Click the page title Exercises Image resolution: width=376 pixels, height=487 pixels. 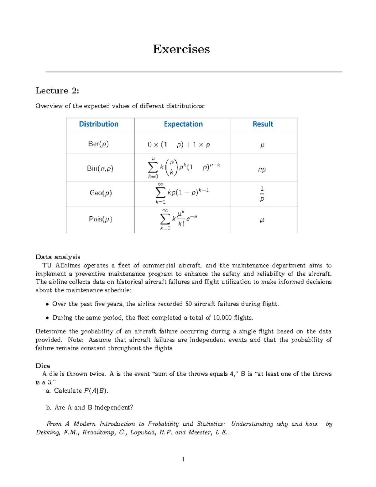coord(181,49)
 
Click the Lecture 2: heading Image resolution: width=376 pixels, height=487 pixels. coord(57,91)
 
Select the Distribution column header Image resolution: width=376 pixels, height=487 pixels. coord(99,124)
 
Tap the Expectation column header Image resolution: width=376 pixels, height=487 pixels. coord(183,124)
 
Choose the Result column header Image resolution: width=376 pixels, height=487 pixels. coord(263,124)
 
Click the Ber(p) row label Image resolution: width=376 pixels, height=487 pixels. coord(98,144)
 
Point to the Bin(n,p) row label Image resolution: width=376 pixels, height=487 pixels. coord(100,168)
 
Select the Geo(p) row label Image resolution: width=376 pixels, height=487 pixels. coord(101,193)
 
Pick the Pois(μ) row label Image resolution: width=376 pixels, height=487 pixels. coord(101,219)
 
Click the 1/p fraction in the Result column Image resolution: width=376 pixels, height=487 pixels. coord(262,193)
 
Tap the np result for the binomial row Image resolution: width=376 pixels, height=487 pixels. coord(262,169)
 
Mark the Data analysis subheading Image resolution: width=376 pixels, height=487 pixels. coord(58,257)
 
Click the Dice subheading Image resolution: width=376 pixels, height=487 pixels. coord(43,366)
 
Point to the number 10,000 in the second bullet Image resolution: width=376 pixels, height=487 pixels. coord(222,318)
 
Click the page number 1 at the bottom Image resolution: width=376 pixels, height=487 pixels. coord(183,459)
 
